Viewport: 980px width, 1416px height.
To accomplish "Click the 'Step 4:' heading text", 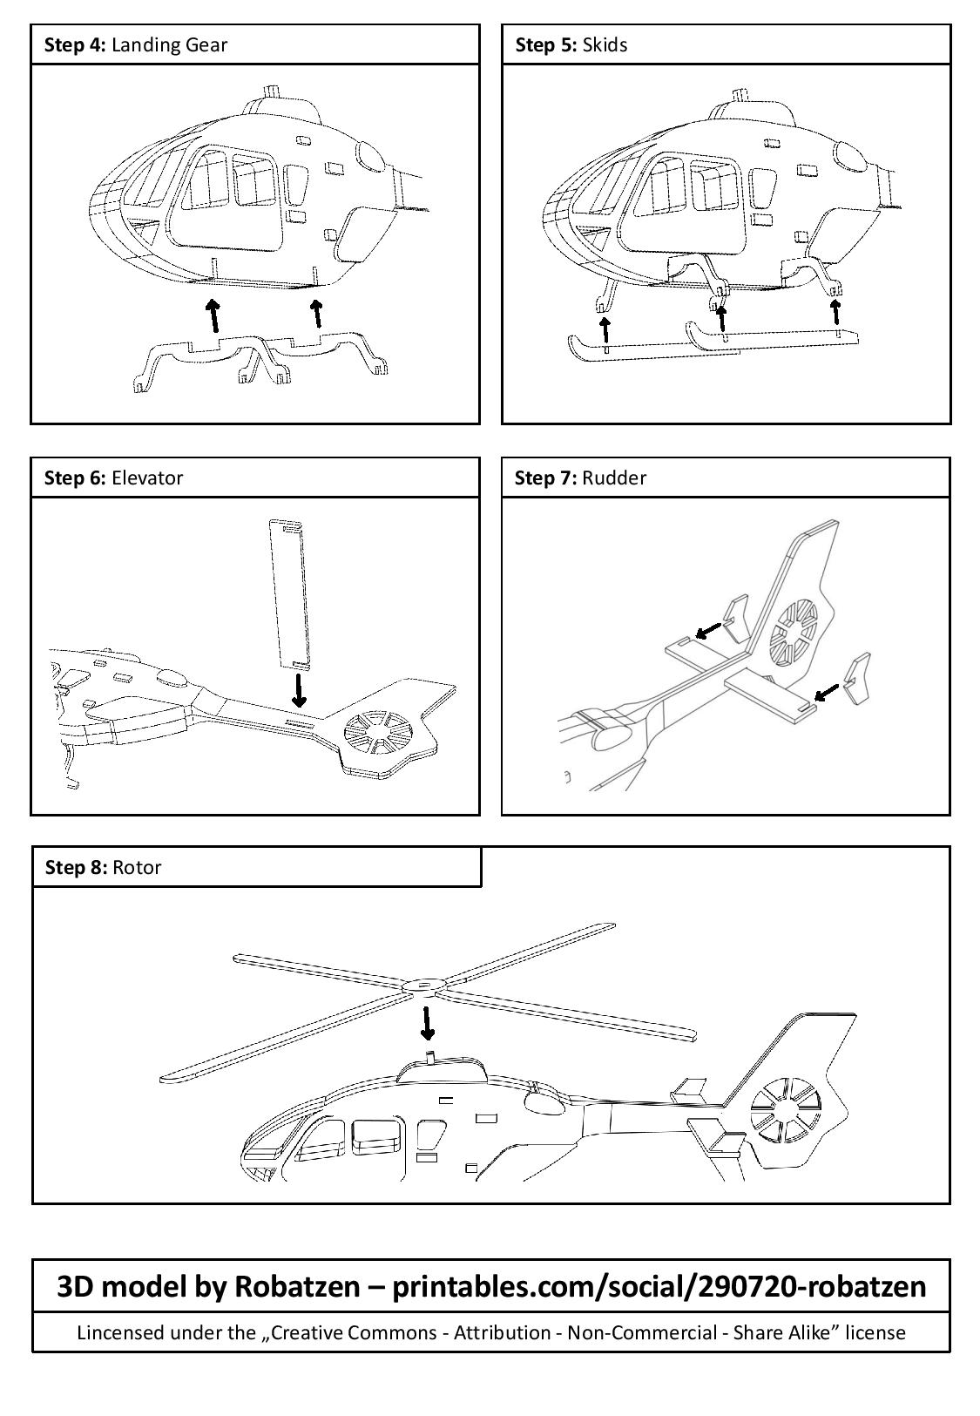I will click(x=76, y=45).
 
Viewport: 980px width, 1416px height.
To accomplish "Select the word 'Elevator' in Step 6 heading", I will click(x=147, y=478).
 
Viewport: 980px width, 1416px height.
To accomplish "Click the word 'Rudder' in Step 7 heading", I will click(x=614, y=478).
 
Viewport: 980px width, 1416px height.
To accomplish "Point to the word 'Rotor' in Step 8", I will click(x=137, y=867).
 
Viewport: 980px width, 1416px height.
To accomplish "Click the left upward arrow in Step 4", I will click(x=212, y=315).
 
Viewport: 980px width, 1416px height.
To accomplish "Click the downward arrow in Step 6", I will click(x=299, y=690).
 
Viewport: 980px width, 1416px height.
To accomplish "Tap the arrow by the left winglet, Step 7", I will click(x=709, y=629).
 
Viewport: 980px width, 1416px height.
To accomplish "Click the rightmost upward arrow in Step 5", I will click(x=835, y=311).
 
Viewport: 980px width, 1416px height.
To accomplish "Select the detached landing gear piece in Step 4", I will click(x=261, y=353).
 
